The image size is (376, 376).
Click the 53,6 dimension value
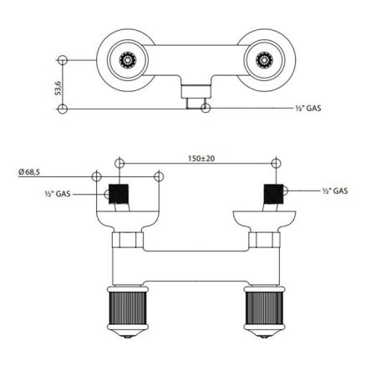[x=58, y=88]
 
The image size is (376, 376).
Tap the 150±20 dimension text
[x=201, y=159]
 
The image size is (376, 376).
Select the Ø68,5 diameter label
[x=29, y=172]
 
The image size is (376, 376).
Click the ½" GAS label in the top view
[x=308, y=108]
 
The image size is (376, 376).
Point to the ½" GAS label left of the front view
[x=58, y=194]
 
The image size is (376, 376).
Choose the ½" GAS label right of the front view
[x=335, y=191]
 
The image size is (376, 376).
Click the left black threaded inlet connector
[x=119, y=194]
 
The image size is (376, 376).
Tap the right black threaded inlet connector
[x=273, y=194]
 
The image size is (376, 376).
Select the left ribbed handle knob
[x=128, y=307]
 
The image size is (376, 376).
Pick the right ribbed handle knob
[x=264, y=307]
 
